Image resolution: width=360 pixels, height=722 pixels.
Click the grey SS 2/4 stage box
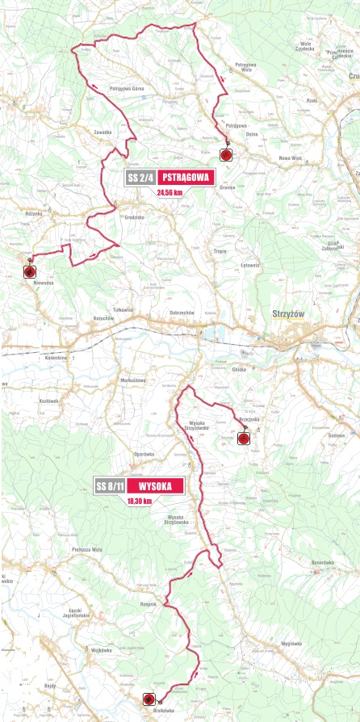click(x=140, y=178)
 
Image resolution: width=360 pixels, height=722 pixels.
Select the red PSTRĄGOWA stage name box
click(x=186, y=178)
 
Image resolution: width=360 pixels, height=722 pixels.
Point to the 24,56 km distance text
click(x=170, y=193)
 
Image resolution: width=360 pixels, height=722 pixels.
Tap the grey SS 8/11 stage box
click(x=110, y=486)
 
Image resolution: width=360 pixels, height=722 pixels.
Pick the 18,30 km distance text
click(x=139, y=501)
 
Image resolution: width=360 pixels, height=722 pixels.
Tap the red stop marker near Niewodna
click(x=30, y=271)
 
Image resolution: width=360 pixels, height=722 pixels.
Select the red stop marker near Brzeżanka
click(x=243, y=439)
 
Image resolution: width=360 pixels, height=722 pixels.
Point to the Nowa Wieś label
click(x=289, y=158)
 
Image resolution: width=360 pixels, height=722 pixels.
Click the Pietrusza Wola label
click(x=86, y=549)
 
